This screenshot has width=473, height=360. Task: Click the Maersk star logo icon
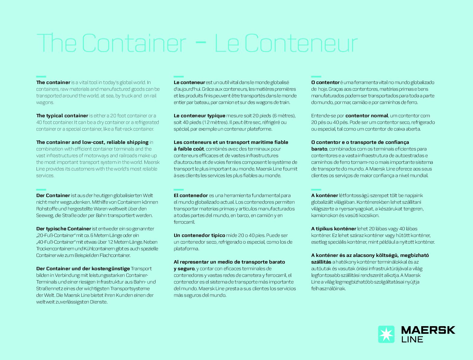(x=386, y=334)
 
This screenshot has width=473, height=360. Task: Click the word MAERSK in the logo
(x=428, y=330)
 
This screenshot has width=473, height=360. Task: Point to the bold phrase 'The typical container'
(x=62, y=115)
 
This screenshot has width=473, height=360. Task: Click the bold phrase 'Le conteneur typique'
(x=199, y=115)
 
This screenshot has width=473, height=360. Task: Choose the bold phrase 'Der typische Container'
(x=63, y=229)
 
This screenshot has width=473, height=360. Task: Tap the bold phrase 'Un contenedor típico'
(x=199, y=235)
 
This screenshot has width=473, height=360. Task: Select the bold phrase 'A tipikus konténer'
(x=334, y=229)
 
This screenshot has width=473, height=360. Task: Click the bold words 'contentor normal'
(x=366, y=115)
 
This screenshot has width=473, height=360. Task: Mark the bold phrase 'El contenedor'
(x=191, y=195)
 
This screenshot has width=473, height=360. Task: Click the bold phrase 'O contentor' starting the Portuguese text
(x=325, y=82)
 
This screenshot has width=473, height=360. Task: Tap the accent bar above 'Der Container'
(x=41, y=190)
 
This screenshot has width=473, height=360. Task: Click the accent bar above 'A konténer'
(x=316, y=190)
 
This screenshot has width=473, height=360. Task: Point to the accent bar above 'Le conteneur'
(x=179, y=76)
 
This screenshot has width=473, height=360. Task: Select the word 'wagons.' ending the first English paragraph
(x=45, y=102)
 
